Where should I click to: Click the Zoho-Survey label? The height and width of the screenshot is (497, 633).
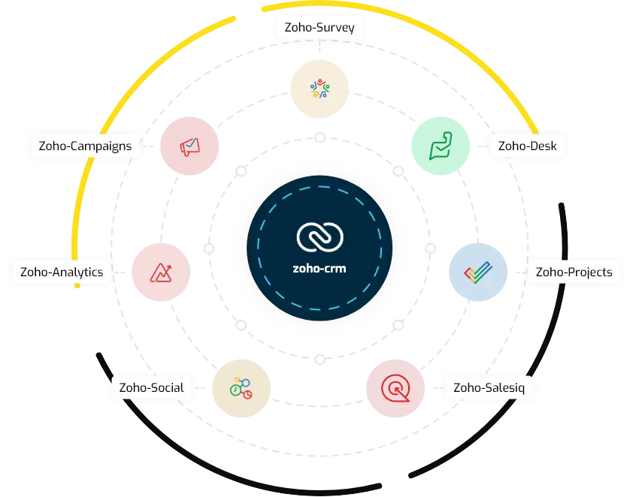click(320, 29)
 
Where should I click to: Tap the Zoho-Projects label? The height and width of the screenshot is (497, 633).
click(574, 272)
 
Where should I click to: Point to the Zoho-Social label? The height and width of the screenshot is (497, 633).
click(151, 387)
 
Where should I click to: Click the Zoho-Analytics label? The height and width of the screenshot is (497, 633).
click(62, 272)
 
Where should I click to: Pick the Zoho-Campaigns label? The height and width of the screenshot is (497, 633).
click(85, 146)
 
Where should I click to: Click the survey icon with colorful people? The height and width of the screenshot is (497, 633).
click(320, 89)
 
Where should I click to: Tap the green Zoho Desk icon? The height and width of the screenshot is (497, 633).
click(440, 146)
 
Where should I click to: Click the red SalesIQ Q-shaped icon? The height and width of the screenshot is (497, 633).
click(393, 388)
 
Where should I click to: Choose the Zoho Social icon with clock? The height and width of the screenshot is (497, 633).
click(241, 388)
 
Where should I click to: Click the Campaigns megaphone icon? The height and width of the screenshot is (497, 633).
click(190, 146)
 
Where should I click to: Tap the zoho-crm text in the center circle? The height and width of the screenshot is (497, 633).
click(320, 268)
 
